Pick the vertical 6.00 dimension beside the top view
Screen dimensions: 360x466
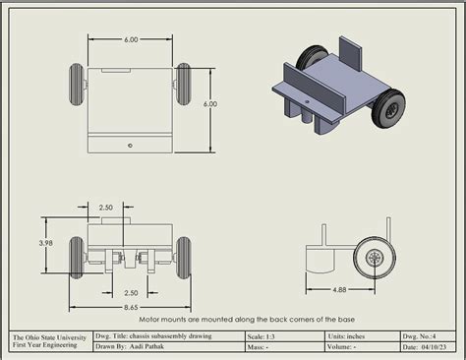pos(210,103)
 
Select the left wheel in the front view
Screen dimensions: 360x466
pos(77,257)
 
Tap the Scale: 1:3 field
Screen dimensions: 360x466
pos(267,335)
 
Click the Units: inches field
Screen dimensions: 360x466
pos(349,335)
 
